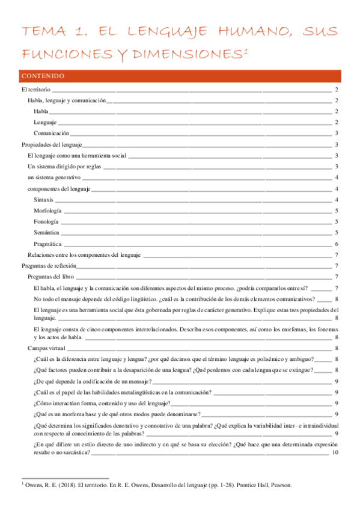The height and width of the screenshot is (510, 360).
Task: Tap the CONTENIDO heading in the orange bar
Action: [47, 76]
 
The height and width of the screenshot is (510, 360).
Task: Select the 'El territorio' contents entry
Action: [36, 90]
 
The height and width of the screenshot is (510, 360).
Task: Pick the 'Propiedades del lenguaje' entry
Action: [52, 144]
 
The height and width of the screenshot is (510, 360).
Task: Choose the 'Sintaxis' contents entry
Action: [44, 200]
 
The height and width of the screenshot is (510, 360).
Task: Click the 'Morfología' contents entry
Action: [47, 210]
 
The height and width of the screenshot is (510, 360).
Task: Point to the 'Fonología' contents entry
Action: [46, 222]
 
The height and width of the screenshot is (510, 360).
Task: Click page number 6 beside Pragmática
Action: [337, 244]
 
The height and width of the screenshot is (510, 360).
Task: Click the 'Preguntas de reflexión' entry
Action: [49, 266]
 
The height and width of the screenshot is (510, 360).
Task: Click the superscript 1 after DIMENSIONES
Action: [246, 51]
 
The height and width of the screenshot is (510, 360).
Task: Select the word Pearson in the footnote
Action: [279, 484]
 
